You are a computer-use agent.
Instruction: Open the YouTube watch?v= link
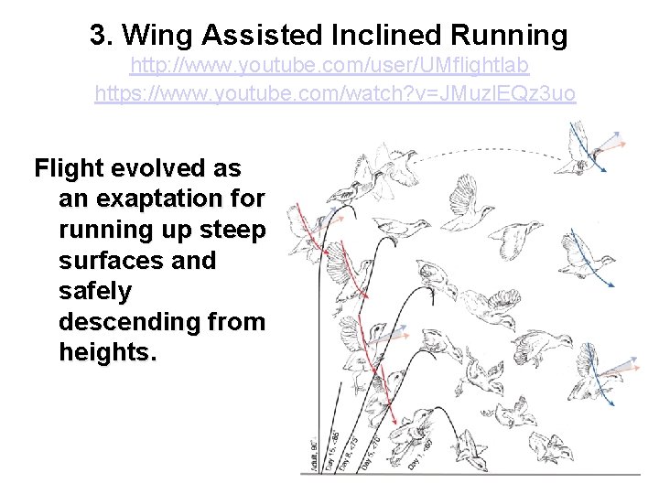335,93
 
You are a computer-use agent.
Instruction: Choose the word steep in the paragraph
236,229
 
